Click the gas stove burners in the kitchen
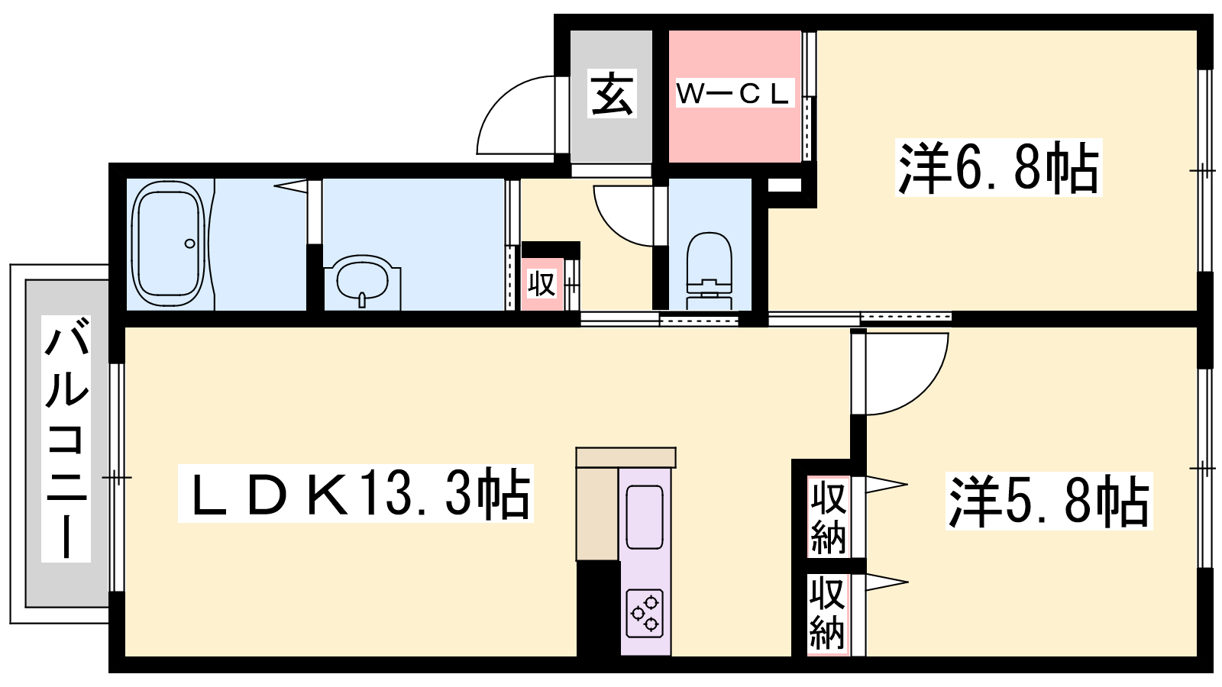[645, 613]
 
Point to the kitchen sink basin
[645, 517]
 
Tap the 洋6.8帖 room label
[997, 167]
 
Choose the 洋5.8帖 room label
[1049, 501]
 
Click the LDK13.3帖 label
[356, 493]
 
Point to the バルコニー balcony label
[66, 439]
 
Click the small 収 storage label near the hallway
[541, 283]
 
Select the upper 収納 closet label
[828, 517]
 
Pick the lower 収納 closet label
[828, 614]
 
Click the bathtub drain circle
[190, 244]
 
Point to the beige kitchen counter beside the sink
[598, 513]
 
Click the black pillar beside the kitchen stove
[599, 608]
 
